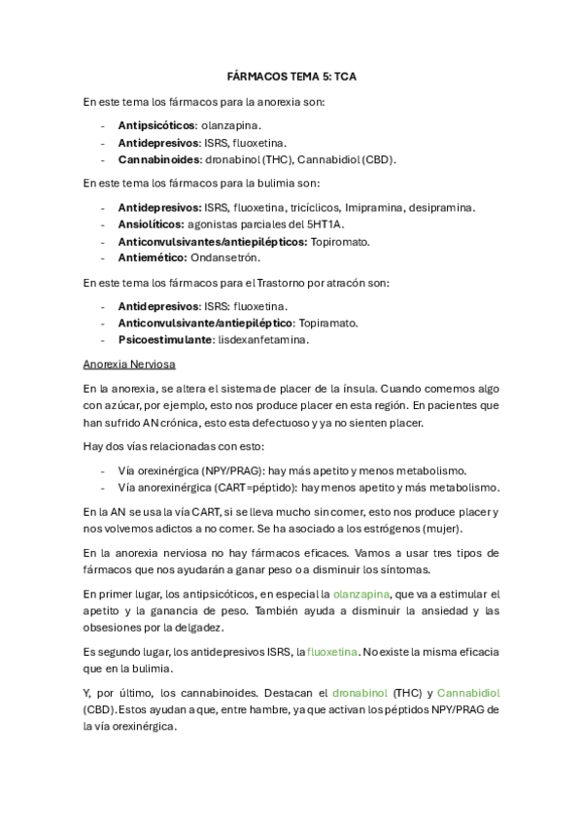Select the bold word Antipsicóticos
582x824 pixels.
click(x=156, y=125)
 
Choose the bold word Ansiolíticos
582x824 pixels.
click(x=154, y=224)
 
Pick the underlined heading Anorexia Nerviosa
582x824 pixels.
click(x=129, y=364)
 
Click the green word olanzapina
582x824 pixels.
click(x=365, y=593)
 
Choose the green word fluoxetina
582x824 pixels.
click(x=333, y=651)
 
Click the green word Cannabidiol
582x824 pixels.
click(x=468, y=693)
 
